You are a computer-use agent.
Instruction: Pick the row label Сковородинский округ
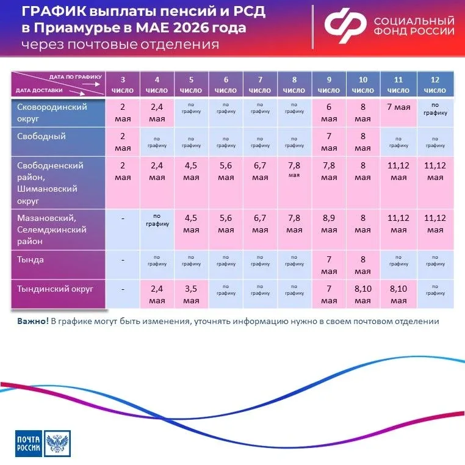coord(52,112)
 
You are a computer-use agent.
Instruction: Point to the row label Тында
coord(31,259)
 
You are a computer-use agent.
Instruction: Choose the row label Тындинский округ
coord(56,288)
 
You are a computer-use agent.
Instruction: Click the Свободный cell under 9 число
coord(328,142)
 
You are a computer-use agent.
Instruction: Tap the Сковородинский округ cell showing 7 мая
coord(398,107)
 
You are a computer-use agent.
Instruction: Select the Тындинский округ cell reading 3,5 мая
coord(191,294)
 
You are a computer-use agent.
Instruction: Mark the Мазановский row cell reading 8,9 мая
coord(328,223)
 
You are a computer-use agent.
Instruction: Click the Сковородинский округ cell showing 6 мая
coord(328,112)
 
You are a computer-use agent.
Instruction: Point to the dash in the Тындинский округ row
coord(123,289)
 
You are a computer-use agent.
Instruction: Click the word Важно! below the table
coord(32,321)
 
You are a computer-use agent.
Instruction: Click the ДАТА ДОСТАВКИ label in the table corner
coord(35,90)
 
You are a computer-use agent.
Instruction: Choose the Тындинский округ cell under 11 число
coord(398,294)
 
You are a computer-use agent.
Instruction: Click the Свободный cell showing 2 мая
coord(123,142)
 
